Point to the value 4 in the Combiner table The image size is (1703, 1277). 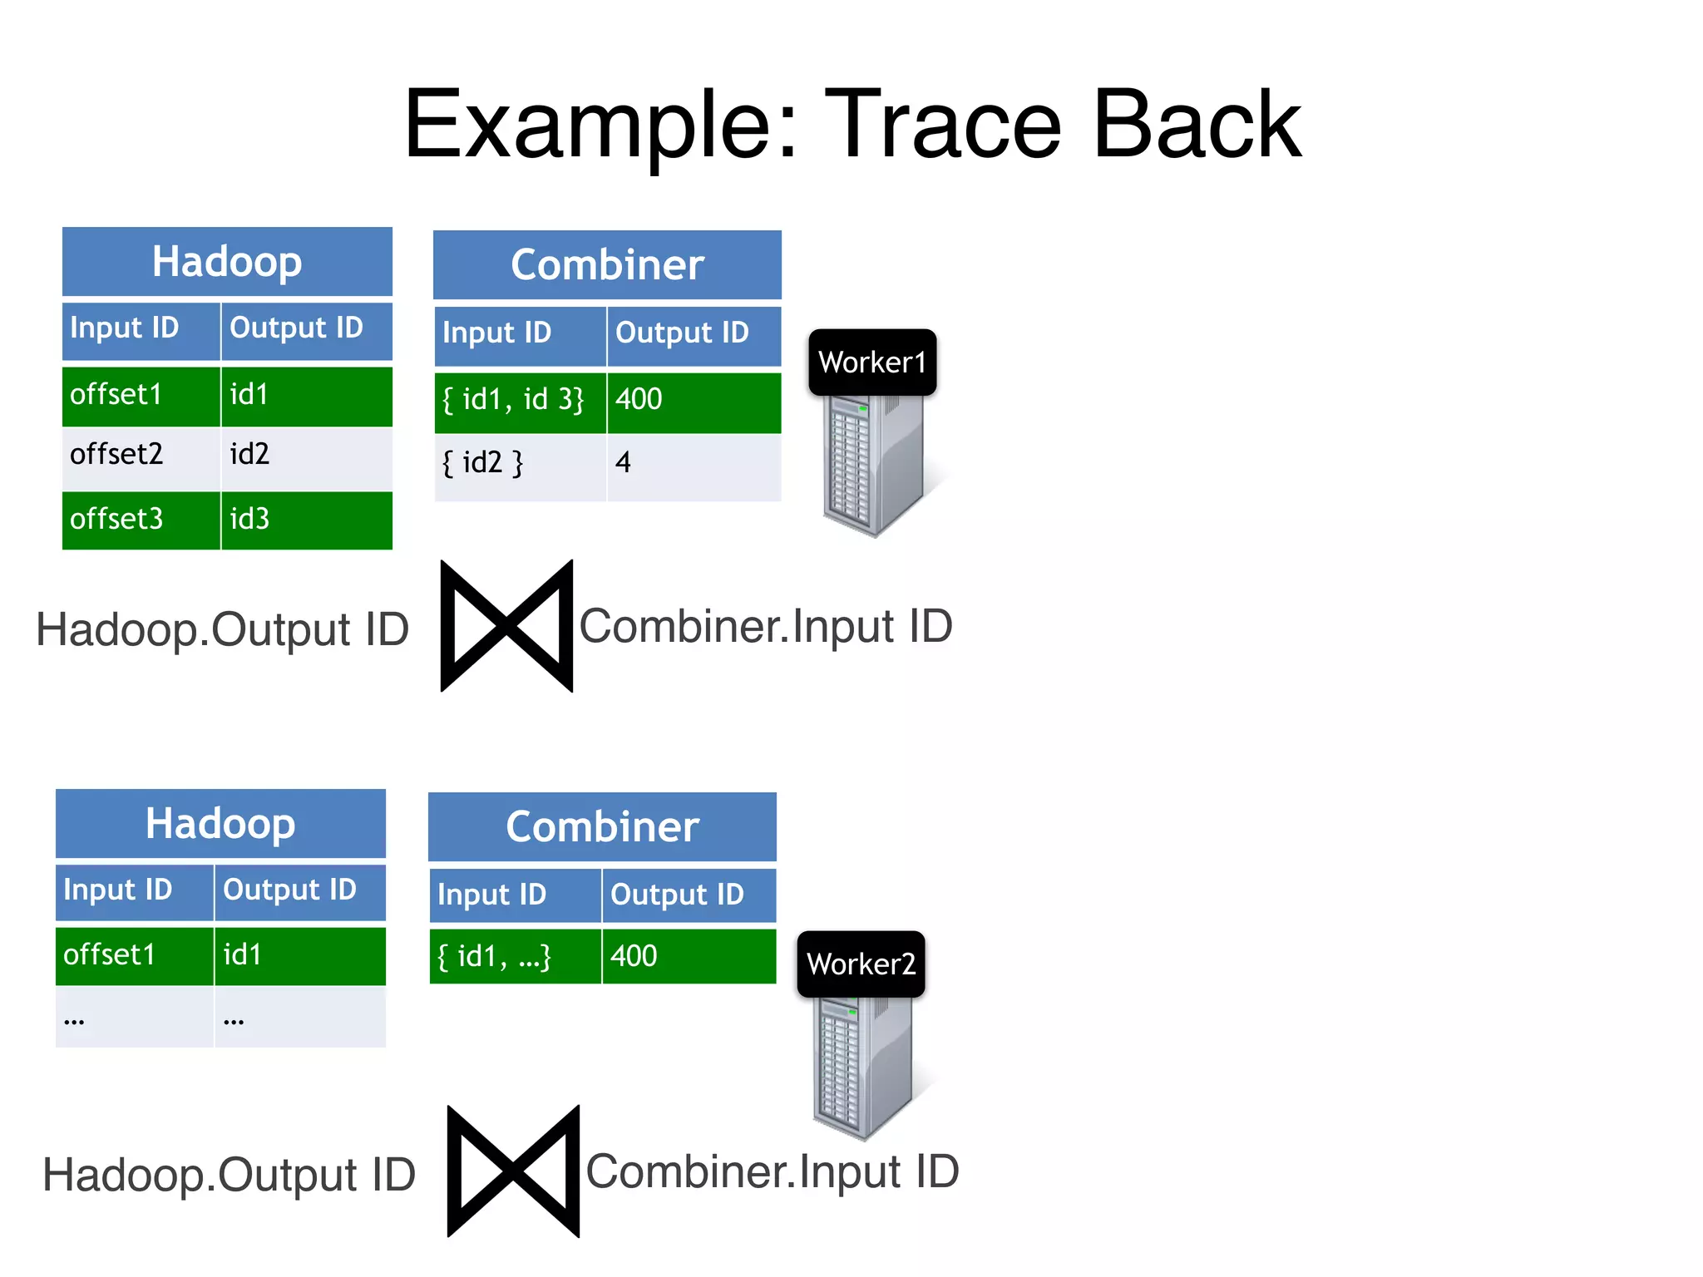point(624,463)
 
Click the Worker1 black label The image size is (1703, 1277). point(872,362)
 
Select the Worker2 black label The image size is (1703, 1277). point(861,964)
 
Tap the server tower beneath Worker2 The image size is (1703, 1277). point(863,1068)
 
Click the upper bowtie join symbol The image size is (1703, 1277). point(506,626)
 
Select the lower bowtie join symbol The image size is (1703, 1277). point(513,1171)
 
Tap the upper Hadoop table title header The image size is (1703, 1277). point(227,262)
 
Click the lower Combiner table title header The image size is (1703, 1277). point(602,827)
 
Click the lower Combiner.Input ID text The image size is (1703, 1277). point(773,1172)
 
